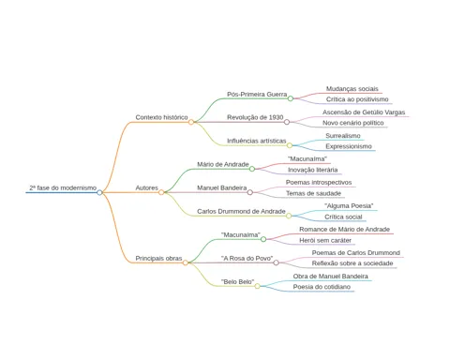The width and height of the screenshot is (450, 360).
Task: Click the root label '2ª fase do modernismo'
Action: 63,187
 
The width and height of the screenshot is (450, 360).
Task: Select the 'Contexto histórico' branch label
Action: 161,117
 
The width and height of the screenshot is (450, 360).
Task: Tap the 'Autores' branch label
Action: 146,187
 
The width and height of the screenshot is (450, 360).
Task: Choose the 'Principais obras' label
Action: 158,259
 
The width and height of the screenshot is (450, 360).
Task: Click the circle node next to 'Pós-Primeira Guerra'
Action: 291,98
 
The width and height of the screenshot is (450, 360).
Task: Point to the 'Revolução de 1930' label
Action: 255,117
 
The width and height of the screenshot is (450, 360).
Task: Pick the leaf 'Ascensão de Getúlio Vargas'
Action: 364,112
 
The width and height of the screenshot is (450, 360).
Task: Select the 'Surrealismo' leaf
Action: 343,136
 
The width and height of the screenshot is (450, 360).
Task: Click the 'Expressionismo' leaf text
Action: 349,146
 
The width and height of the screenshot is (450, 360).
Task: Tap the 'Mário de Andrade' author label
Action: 223,164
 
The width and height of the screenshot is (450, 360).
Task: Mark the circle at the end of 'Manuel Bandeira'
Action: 250,192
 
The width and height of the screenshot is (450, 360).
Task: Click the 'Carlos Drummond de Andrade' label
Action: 241,211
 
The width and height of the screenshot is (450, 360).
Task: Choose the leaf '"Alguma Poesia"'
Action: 349,206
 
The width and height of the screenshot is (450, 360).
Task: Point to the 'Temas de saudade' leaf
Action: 313,193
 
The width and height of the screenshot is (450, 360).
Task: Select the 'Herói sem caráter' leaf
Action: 325,240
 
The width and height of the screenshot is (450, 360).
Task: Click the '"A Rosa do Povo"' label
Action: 247,259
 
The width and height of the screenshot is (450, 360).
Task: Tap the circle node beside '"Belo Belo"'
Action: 257,286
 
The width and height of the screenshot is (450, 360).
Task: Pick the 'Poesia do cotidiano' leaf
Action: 322,287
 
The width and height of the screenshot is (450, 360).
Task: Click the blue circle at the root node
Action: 99,192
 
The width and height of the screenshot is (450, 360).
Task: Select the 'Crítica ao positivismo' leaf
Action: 357,99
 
